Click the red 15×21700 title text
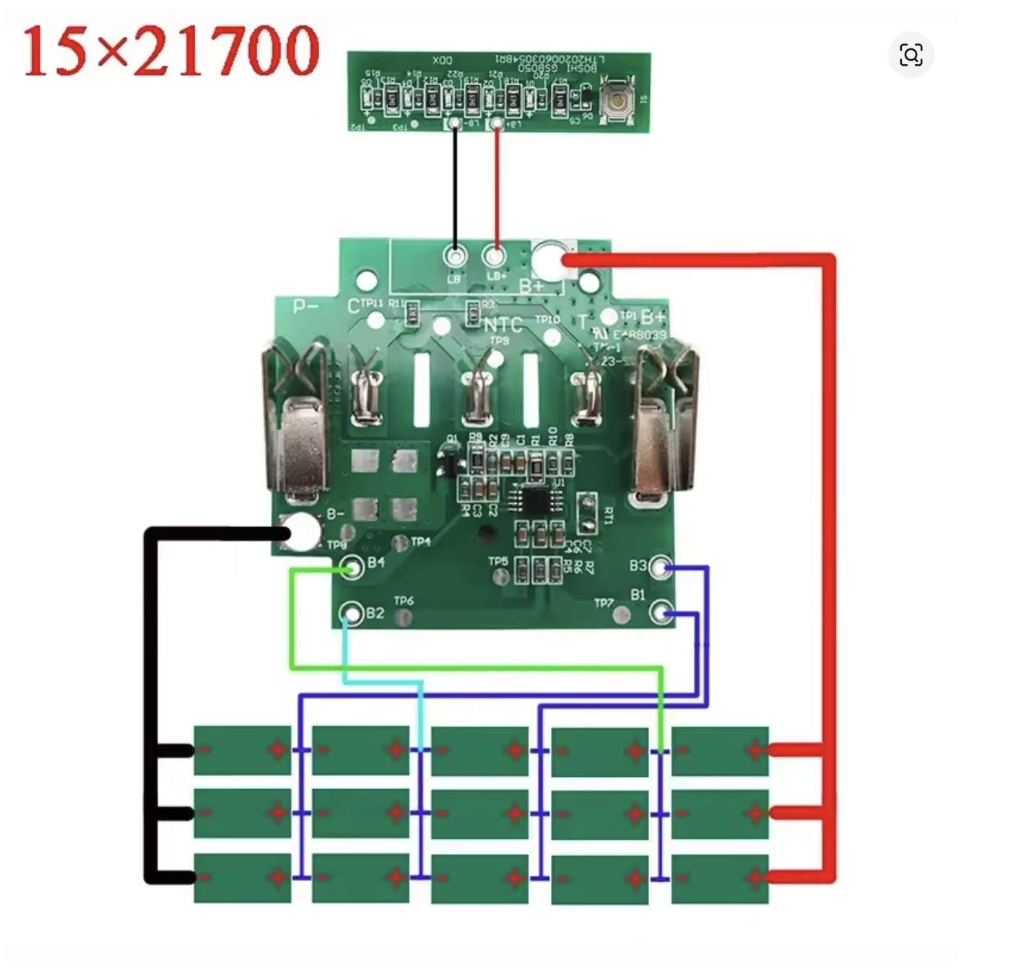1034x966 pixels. [171, 51]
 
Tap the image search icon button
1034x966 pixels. [911, 55]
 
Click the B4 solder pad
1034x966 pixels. [353, 568]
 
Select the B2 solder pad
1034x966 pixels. [352, 614]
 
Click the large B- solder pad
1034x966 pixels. [302, 532]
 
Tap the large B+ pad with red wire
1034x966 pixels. [549, 260]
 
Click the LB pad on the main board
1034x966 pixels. [455, 256]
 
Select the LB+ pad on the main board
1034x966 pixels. [495, 256]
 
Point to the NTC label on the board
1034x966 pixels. [503, 326]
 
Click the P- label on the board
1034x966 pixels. [305, 306]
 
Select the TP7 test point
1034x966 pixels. [621, 615]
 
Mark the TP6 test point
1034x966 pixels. [405, 617]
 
